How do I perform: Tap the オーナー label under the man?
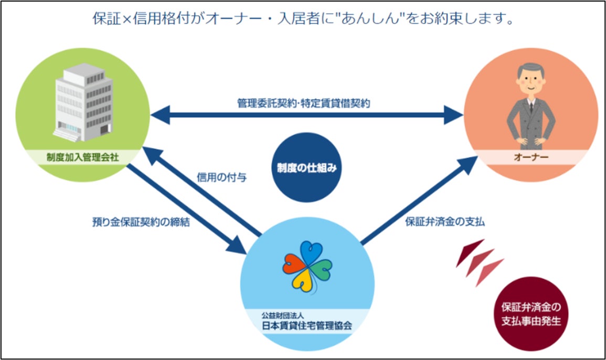(x=531, y=156)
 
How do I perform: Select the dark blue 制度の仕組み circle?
(x=305, y=167)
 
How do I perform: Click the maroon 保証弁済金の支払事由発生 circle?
(x=530, y=314)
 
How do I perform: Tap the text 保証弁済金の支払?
(x=445, y=222)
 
